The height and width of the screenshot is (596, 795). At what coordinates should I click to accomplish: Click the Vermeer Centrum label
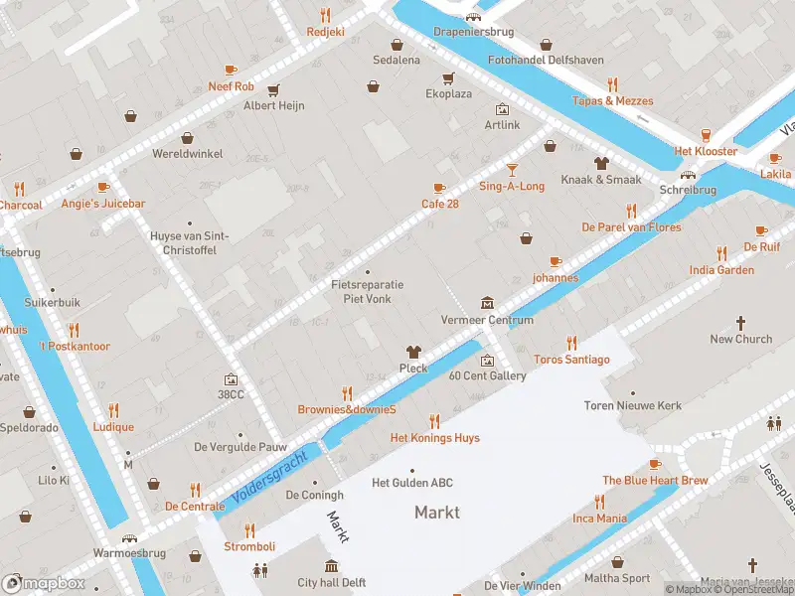click(x=487, y=320)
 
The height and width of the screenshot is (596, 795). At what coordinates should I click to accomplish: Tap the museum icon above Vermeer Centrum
click(x=487, y=302)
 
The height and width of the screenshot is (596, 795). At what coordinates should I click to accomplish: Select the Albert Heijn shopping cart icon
click(x=273, y=89)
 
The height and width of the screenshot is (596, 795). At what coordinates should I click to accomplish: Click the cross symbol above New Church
click(x=740, y=323)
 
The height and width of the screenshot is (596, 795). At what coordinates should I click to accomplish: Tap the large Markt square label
click(x=436, y=512)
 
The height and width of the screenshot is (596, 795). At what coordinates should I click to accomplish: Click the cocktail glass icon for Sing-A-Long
click(x=512, y=170)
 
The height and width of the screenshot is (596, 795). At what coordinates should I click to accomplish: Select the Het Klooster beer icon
click(x=706, y=135)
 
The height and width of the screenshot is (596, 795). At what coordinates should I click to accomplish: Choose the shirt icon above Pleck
click(x=413, y=352)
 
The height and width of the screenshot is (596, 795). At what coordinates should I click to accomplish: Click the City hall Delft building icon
click(x=333, y=566)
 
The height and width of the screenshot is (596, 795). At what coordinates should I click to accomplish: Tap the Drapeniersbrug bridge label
click(x=474, y=32)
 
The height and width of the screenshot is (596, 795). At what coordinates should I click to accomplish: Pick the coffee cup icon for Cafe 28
click(x=439, y=188)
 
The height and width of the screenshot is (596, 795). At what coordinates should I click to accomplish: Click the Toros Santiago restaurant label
click(x=571, y=359)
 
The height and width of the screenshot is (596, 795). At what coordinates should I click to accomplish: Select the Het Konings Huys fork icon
click(x=434, y=421)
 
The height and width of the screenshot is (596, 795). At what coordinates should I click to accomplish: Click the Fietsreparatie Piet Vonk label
click(x=367, y=291)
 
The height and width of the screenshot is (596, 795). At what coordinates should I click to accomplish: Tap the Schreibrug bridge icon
click(x=687, y=174)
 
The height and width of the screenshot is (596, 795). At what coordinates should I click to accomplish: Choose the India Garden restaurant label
click(x=721, y=270)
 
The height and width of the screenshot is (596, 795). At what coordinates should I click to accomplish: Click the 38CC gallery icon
click(x=231, y=378)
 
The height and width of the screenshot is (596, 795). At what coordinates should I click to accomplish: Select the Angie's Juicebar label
click(x=103, y=204)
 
